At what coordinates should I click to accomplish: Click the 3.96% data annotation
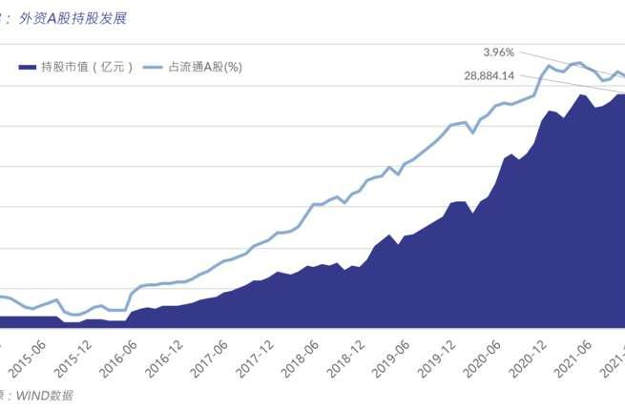(499, 51)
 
